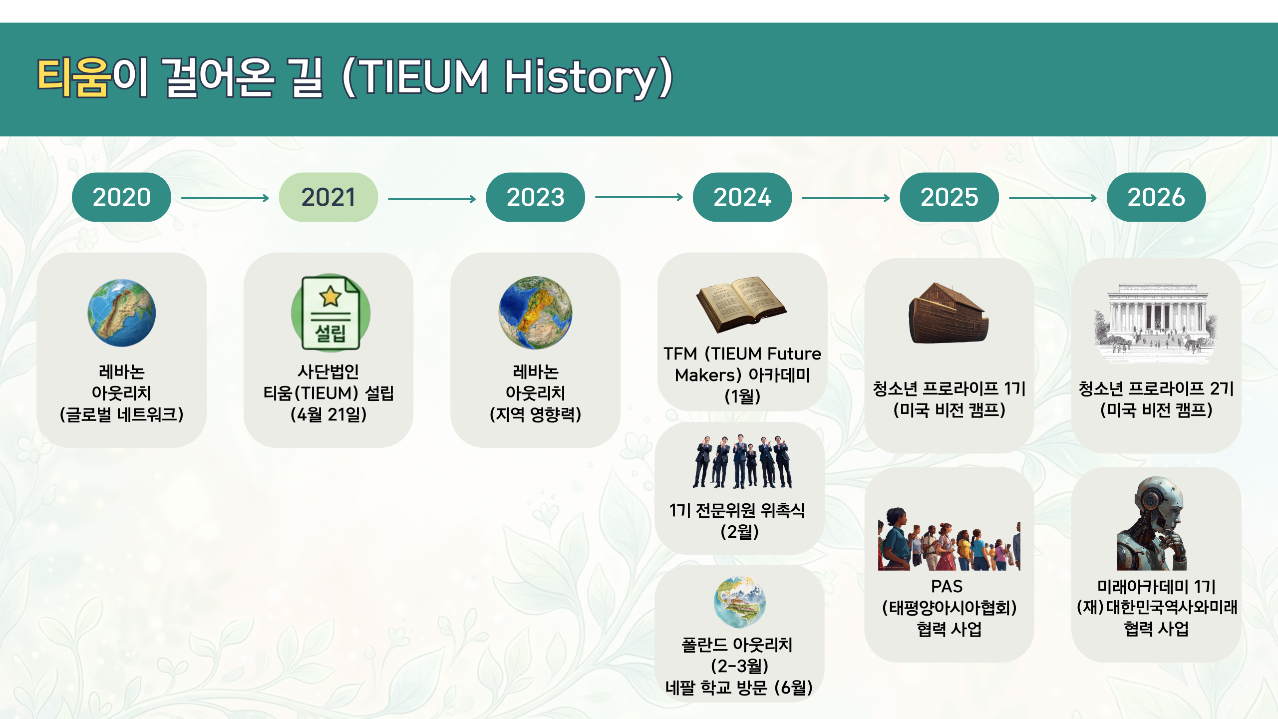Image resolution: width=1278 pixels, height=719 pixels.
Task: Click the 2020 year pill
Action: tap(121, 197)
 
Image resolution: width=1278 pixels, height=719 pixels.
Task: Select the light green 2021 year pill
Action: tap(328, 197)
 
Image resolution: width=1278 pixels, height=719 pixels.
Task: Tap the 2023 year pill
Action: tap(535, 197)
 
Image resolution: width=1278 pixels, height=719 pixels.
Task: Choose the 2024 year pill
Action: tap(742, 197)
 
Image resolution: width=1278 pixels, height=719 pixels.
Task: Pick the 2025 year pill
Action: tap(949, 197)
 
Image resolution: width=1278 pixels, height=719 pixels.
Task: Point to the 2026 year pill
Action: tap(1156, 197)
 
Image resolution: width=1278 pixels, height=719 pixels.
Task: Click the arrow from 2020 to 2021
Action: tap(225, 198)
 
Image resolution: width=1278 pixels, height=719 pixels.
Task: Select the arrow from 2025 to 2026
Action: tap(1053, 198)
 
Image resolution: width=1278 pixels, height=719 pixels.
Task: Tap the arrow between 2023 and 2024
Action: tap(639, 197)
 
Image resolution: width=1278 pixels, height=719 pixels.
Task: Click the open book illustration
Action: tap(741, 304)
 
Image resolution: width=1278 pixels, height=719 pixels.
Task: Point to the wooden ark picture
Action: tap(949, 314)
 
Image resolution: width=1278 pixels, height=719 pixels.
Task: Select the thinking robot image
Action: tap(1152, 523)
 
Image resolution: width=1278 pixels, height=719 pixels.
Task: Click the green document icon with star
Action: tap(330, 313)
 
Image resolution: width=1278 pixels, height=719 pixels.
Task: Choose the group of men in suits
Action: tap(742, 461)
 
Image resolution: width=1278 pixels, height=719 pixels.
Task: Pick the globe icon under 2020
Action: tap(121, 313)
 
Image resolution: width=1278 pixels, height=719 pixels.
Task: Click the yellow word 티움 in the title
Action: tap(73, 77)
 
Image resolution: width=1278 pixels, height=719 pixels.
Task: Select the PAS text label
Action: tap(947, 586)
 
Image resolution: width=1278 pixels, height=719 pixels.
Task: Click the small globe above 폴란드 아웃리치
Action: tap(740, 602)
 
